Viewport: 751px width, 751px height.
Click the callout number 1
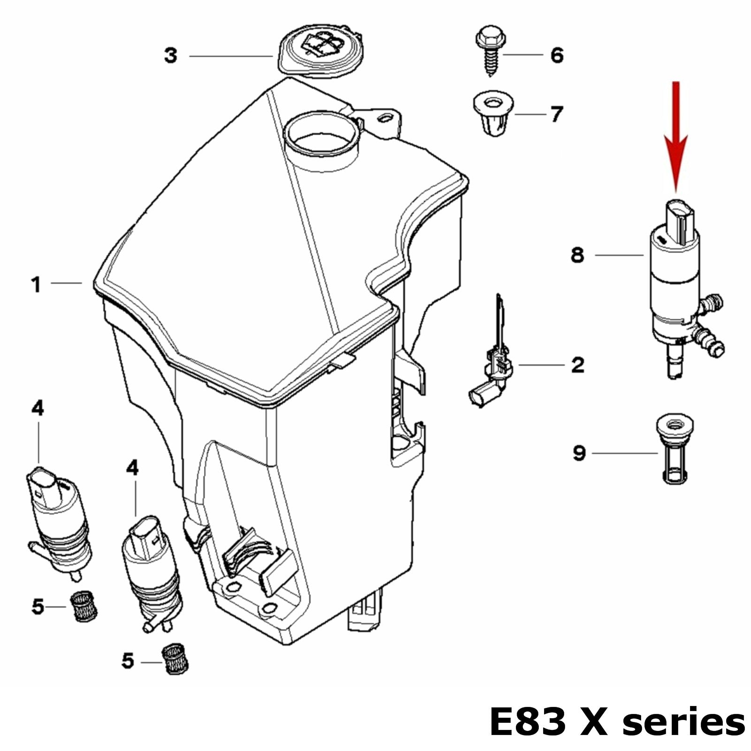point(36,284)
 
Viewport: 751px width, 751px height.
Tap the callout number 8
point(577,256)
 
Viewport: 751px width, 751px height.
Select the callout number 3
point(171,56)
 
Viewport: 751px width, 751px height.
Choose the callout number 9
point(579,453)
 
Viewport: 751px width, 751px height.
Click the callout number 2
point(578,365)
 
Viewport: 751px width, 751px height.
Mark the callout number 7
point(556,114)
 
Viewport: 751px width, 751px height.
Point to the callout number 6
point(557,55)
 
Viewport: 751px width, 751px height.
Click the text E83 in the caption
point(528,722)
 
